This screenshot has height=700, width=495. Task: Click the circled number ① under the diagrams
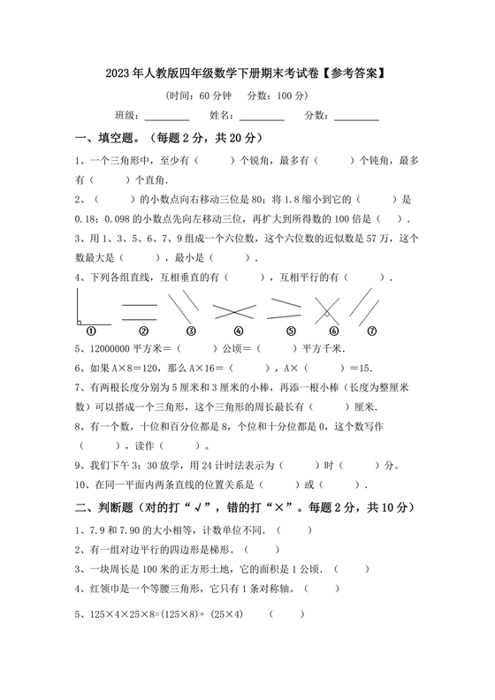point(91,331)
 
